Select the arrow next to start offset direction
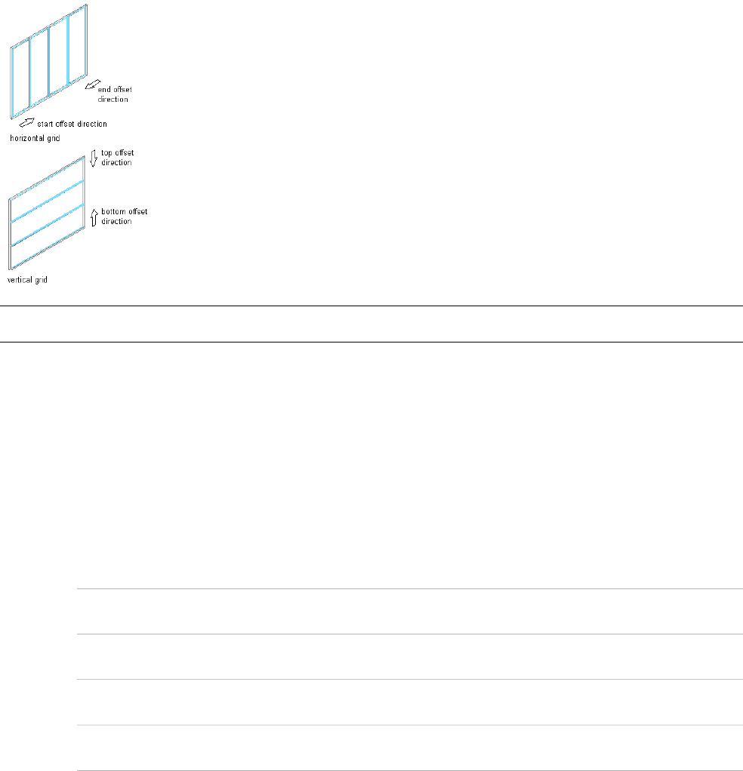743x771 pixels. (26, 121)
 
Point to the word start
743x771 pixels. (46, 124)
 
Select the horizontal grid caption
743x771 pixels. (35, 139)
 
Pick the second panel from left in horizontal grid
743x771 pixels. (39, 68)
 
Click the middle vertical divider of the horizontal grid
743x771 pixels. (49, 61)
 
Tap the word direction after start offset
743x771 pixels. (91, 124)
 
